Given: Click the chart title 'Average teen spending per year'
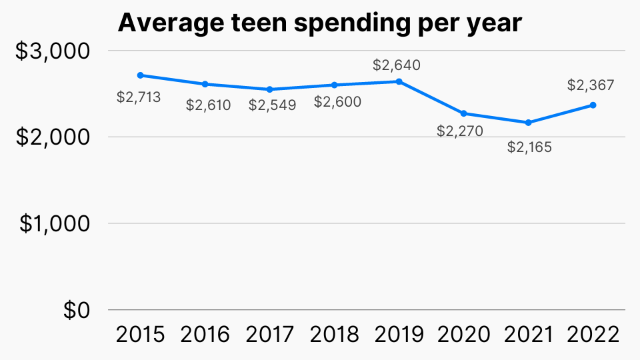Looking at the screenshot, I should point(319,23).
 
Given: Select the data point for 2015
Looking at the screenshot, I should point(140,75).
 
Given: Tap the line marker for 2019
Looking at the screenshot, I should point(399,81).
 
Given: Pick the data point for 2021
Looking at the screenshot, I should point(528,123).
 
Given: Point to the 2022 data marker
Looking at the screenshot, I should point(593,105).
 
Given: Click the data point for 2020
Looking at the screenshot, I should point(463,113).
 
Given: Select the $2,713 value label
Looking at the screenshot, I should point(139,97).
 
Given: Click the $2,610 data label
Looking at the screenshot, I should point(208,105).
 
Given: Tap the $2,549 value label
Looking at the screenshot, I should point(272,105).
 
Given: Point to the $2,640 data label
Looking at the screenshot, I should point(397,65).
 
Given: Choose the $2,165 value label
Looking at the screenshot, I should point(529,147).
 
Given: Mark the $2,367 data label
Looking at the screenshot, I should point(591,85).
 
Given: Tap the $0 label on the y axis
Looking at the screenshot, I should point(78,311).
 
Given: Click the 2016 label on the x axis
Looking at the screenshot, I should point(205,335).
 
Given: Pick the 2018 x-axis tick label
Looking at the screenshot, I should point(334,335).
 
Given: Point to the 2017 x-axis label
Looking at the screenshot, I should point(269,335).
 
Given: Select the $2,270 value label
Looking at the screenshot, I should point(460,131).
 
